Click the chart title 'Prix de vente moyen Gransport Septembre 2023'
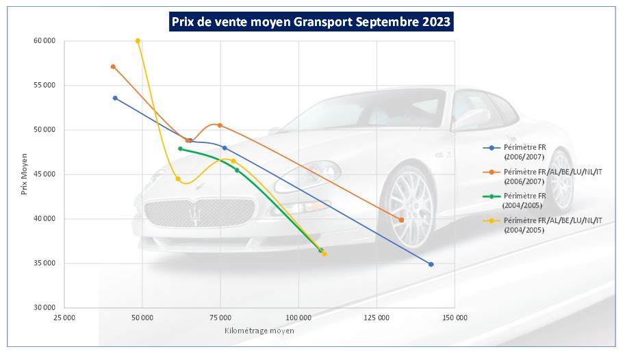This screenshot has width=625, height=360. click(x=311, y=21)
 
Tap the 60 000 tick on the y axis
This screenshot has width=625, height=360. click(x=44, y=41)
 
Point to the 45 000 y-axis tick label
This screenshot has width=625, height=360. click(x=44, y=175)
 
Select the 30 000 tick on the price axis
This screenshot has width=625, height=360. click(x=44, y=308)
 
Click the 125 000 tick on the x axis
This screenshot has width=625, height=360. click(x=377, y=318)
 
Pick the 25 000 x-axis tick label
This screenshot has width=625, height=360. click(x=64, y=318)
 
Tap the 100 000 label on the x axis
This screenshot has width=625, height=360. click(x=298, y=318)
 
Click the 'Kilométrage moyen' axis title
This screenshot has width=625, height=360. click(x=259, y=331)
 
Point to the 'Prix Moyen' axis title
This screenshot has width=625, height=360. click(x=25, y=174)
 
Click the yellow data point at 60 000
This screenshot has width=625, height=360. click(x=138, y=41)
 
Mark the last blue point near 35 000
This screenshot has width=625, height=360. click(x=431, y=264)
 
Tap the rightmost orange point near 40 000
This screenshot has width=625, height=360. click(x=401, y=220)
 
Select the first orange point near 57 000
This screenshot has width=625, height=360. click(x=113, y=66)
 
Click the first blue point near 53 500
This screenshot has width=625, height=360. click(x=115, y=98)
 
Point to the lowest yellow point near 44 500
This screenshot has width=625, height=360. click(x=178, y=179)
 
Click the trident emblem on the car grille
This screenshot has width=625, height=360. click(x=196, y=214)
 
